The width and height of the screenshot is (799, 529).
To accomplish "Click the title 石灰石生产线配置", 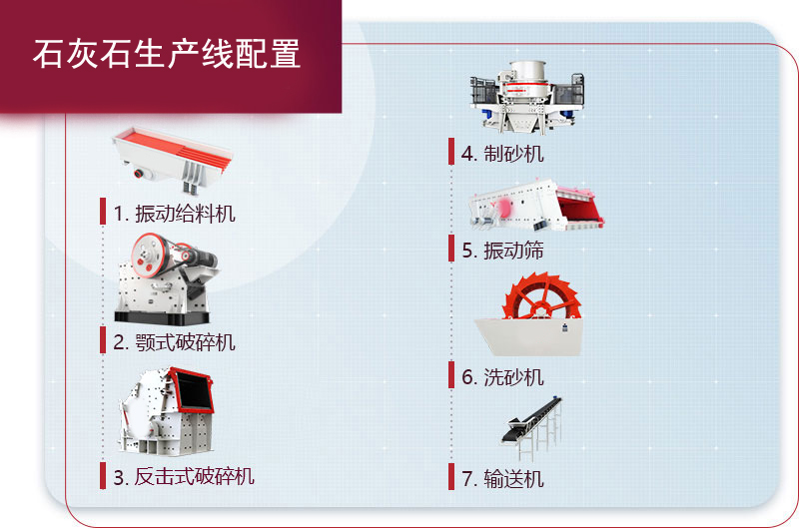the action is coord(167,54).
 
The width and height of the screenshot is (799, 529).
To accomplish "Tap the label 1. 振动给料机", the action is coord(174,214).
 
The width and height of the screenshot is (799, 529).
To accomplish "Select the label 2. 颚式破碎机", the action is coord(174,342).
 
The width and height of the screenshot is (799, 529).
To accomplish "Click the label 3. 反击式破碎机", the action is coord(184,477).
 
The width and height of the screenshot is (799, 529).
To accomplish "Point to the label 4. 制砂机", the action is coord(502,154).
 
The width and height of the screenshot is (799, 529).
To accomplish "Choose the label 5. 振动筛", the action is coord(502,251).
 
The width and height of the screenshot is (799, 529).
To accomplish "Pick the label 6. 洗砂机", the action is coord(502,377).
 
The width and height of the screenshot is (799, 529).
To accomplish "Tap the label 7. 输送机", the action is coord(502,479).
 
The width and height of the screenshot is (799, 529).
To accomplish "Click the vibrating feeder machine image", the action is coord(172,160).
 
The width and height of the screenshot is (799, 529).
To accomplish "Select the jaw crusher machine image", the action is coord(166,279).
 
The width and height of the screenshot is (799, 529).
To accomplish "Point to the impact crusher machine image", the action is coord(166,411).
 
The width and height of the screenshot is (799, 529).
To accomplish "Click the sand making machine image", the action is coord(527,97).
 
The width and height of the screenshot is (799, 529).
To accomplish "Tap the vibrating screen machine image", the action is coord(536,205).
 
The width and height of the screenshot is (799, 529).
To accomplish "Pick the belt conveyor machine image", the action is coord(532,427).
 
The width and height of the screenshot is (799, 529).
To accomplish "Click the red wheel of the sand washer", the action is coord(541,296).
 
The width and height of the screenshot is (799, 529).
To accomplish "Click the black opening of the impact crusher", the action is coord(194,391).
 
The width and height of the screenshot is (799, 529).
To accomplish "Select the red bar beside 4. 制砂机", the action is coord(451,152).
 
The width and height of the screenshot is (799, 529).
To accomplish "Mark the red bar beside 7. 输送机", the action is coord(451,477).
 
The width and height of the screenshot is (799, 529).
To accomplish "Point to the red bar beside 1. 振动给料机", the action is coord(103,212).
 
